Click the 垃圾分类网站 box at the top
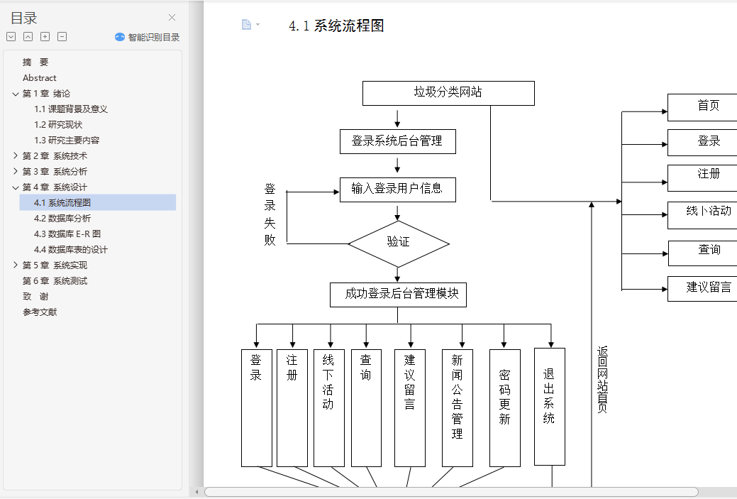[x=448, y=93]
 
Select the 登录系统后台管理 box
[x=397, y=141]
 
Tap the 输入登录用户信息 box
[x=397, y=190]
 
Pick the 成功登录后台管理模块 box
[x=398, y=295]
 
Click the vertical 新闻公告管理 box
[x=457, y=407]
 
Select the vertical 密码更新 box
[x=504, y=407]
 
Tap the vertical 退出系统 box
[x=549, y=406]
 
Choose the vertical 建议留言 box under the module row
[x=410, y=407]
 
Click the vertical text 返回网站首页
[x=602, y=380]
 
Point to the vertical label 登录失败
[x=270, y=214]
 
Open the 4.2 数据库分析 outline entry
[x=62, y=219]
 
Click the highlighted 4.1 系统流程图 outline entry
[x=62, y=203]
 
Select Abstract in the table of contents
[x=40, y=78]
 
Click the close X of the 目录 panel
[x=172, y=18]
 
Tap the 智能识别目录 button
[x=148, y=38]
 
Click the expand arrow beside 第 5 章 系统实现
[x=16, y=265]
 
